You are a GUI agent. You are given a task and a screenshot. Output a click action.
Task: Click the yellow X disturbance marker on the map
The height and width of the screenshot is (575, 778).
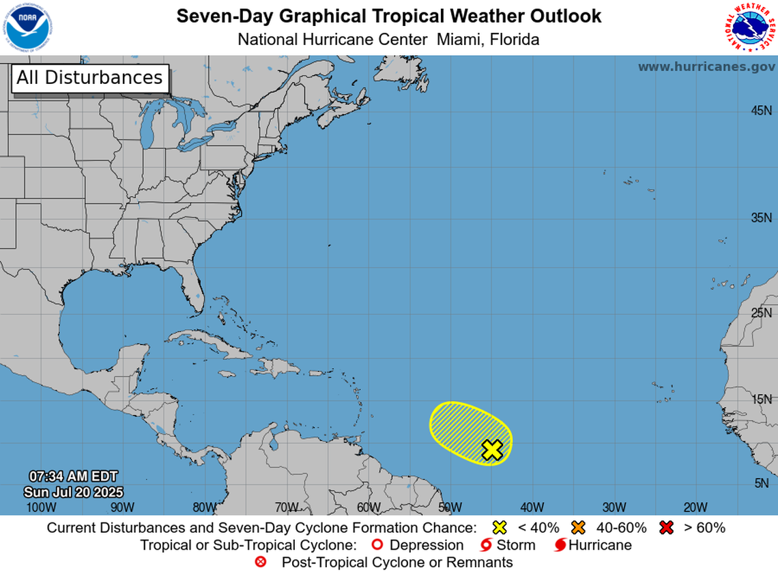pyautogui.click(x=492, y=450)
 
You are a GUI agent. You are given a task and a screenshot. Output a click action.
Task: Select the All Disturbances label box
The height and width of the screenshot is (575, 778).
pyautogui.click(x=89, y=78)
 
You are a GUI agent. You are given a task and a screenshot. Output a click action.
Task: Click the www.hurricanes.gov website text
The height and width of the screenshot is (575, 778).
pyautogui.click(x=706, y=67)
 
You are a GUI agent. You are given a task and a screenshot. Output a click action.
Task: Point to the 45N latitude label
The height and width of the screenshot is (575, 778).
pyautogui.click(x=761, y=111)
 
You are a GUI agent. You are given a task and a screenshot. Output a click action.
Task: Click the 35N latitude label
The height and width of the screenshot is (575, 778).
pyautogui.click(x=761, y=218)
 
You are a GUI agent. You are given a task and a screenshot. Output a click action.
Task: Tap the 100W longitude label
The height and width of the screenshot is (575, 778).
pyautogui.click(x=40, y=507)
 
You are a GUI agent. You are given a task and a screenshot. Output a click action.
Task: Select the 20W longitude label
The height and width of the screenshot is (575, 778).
pyautogui.click(x=695, y=507)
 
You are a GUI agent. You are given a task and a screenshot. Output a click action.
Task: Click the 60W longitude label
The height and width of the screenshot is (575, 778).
pyautogui.click(x=368, y=507)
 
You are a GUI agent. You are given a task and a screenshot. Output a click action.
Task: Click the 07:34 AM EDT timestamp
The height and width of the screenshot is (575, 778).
pyautogui.click(x=73, y=476)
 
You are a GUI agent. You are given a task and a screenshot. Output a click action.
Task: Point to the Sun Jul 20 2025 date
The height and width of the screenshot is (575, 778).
pyautogui.click(x=73, y=491)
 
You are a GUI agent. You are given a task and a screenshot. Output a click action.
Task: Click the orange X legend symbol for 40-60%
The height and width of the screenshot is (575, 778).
pyautogui.click(x=579, y=527)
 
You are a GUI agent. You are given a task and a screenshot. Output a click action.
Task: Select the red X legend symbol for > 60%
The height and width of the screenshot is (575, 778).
pyautogui.click(x=666, y=527)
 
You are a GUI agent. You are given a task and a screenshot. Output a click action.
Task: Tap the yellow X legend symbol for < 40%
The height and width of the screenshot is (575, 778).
pyautogui.click(x=500, y=527)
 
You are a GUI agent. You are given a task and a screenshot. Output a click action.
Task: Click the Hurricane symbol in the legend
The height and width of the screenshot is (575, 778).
pyautogui.click(x=560, y=545)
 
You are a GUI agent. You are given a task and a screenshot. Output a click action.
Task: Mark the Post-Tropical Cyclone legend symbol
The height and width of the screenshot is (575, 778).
pyautogui.click(x=260, y=563)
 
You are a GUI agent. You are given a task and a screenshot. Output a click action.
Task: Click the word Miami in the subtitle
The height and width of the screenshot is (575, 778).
pyautogui.click(x=460, y=40)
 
